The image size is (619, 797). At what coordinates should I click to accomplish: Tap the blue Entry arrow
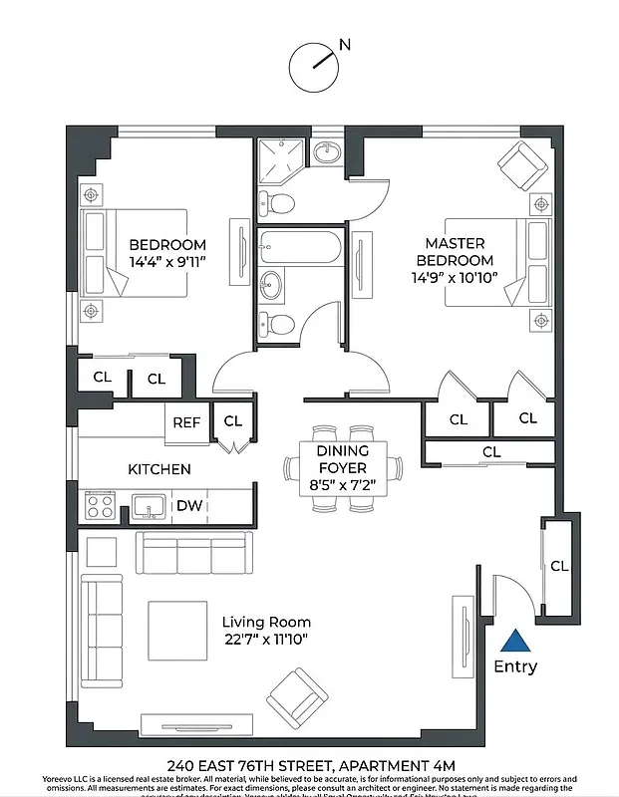coord(515,642)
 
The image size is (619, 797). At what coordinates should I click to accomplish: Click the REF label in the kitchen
coord(186,422)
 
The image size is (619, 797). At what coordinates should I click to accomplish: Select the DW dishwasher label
coord(189,506)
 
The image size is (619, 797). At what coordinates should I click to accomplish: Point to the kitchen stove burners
coord(100,506)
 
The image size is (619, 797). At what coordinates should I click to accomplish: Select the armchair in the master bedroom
coord(522,163)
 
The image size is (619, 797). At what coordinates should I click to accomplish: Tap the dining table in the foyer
coord(342,467)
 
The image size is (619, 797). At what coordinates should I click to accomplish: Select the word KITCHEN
coord(158,469)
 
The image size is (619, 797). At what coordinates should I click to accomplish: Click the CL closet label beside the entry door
coord(559,566)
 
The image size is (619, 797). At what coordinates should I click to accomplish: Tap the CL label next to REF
coord(232,421)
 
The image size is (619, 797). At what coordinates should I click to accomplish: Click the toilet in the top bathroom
coord(282,204)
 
